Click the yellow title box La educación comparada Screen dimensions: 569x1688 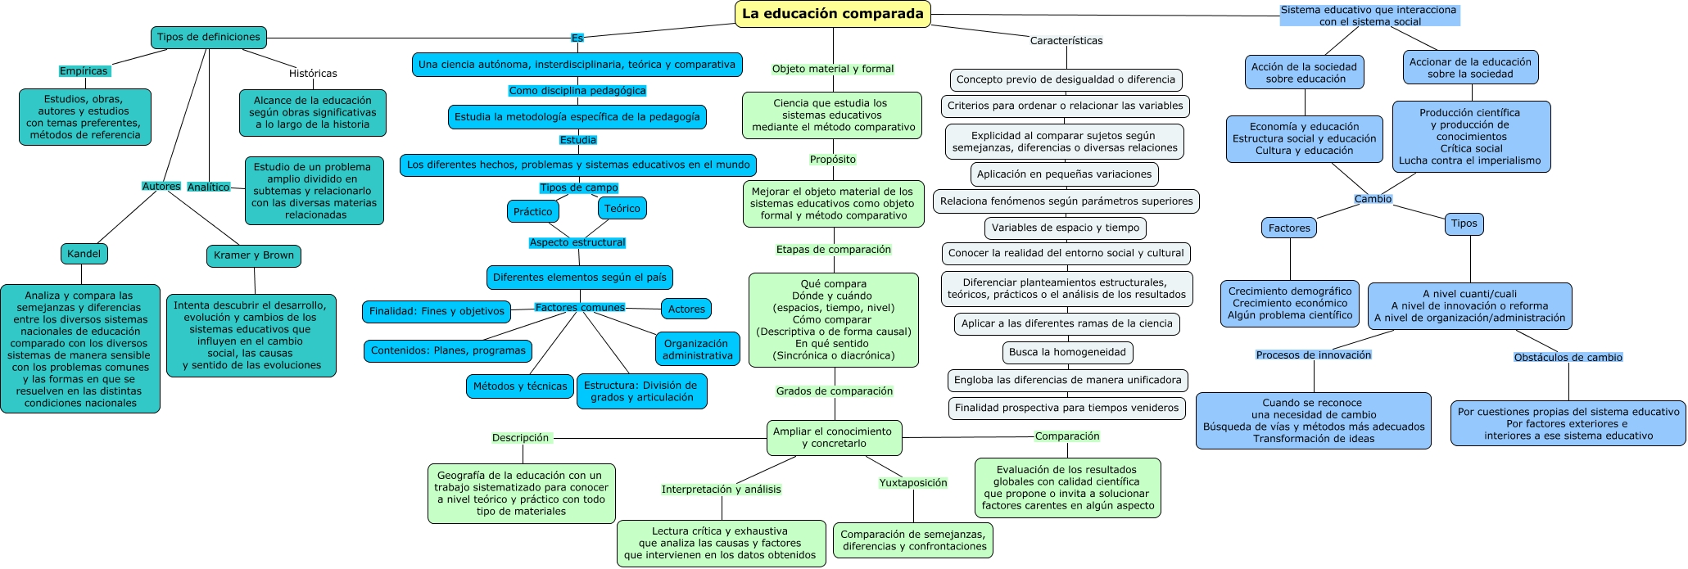pos(832,14)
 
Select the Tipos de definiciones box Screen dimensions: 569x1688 pos(209,37)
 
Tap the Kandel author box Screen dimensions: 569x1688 pos(84,254)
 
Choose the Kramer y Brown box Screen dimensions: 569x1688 pos(254,255)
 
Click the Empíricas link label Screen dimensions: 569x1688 pos(84,71)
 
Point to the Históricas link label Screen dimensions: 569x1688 pos(313,74)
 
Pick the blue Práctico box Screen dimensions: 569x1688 pos(533,211)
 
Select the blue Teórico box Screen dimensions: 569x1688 pos(622,209)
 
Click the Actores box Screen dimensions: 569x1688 pos(686,309)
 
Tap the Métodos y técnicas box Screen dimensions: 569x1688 pos(520,386)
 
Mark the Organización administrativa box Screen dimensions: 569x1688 pos(698,350)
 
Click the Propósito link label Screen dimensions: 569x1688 pos(833,160)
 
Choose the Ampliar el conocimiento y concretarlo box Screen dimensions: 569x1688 pos(833,438)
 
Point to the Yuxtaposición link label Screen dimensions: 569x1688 pos(913,483)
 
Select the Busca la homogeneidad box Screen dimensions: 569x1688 pos(1067,353)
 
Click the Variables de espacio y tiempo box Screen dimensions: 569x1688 pos(1066,228)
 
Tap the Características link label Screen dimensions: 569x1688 pos(1066,41)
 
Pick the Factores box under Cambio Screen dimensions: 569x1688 pos(1289,228)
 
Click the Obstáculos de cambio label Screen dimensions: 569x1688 pos(1568,358)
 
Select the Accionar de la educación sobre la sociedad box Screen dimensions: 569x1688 pos(1470,68)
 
